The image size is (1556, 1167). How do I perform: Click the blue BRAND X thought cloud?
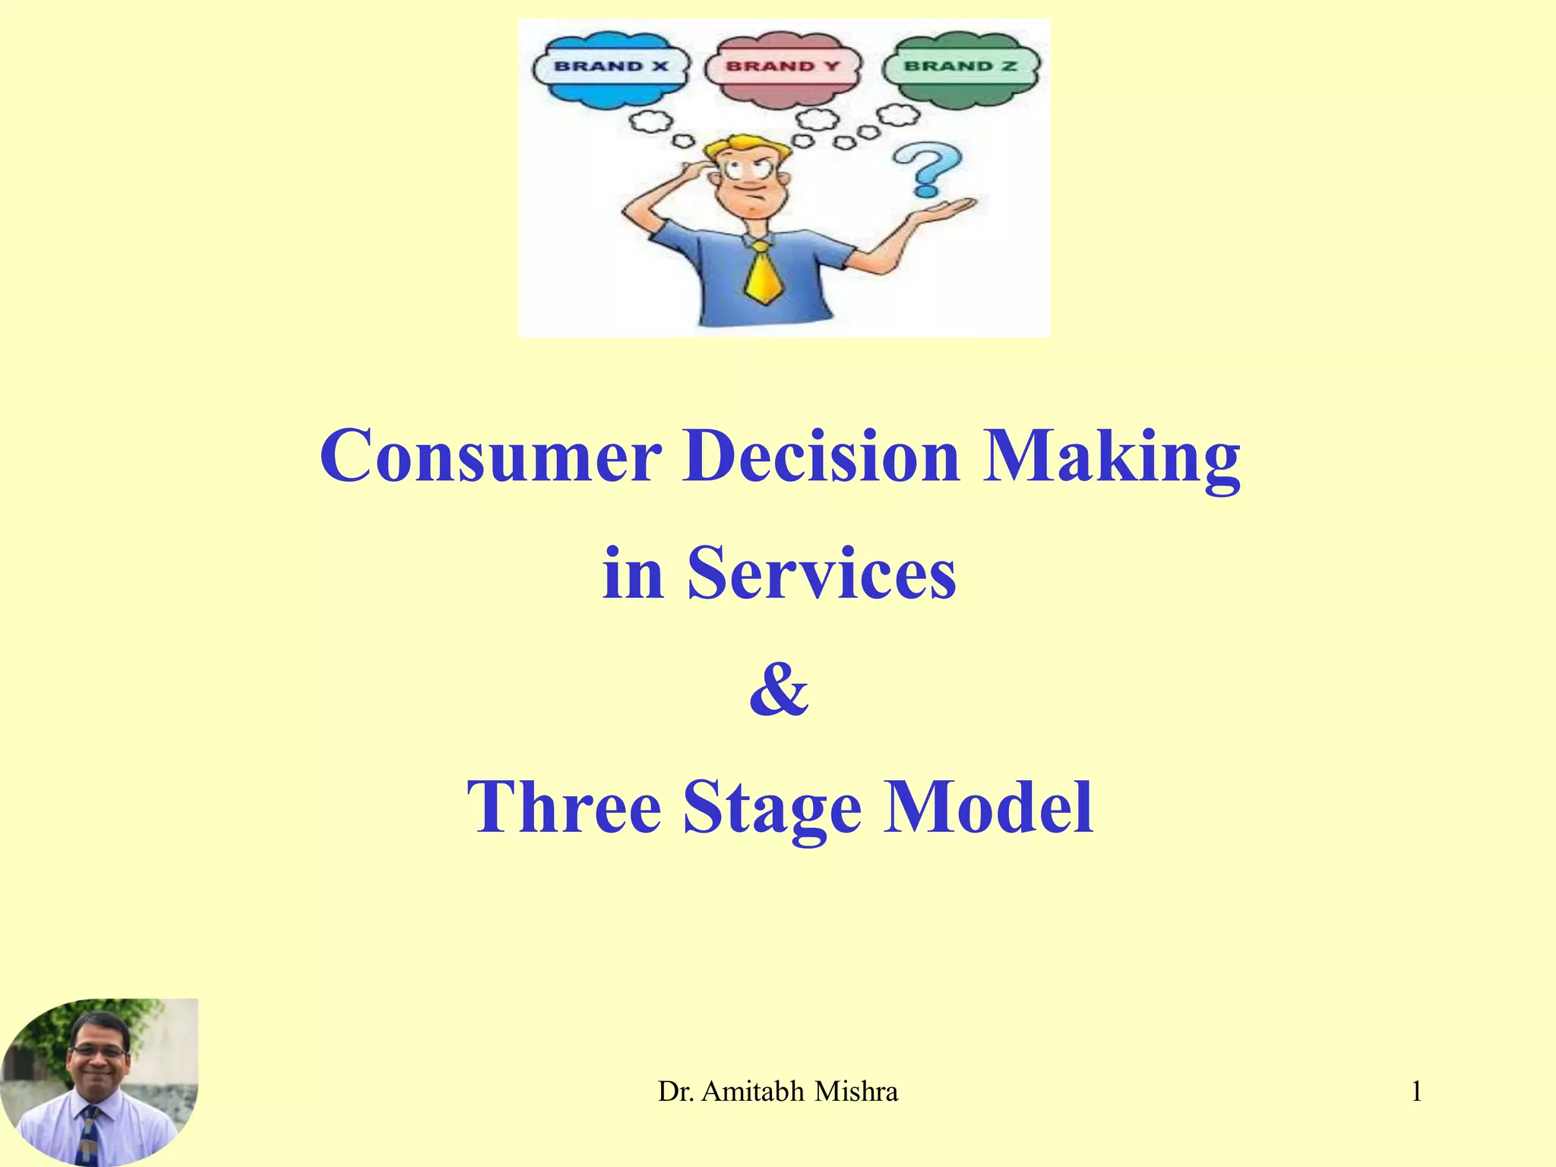tap(612, 67)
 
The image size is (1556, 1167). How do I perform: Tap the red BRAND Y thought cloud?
tap(783, 67)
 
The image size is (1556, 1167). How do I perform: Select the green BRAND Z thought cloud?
tap(960, 67)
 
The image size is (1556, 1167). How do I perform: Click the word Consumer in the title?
tap(490, 456)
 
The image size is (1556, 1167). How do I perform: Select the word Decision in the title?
tap(821, 456)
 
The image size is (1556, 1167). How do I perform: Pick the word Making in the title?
tap(1111, 456)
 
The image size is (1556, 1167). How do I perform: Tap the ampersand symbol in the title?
tap(778, 689)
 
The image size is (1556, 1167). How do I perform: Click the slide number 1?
tap(1416, 1092)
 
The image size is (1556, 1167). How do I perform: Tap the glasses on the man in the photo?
tap(98, 1052)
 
